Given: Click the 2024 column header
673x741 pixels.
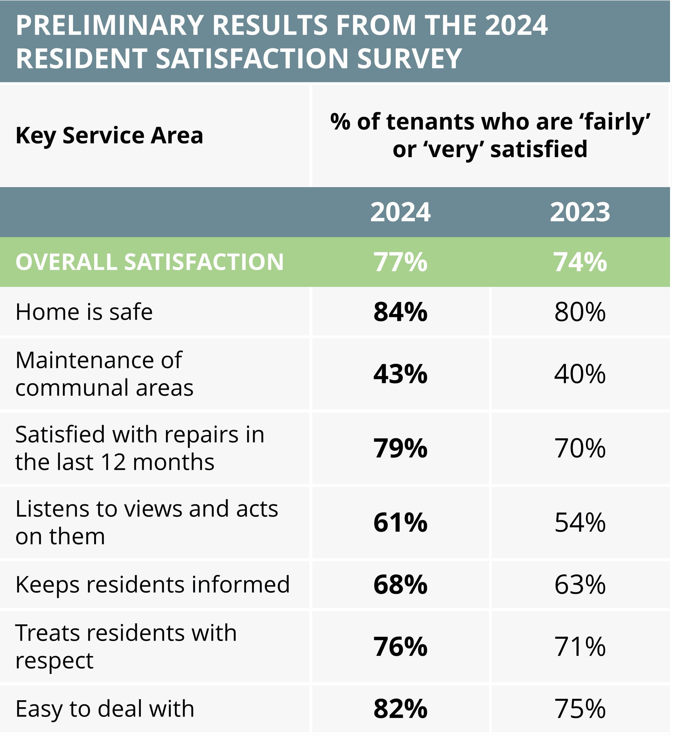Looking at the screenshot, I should pos(400,212).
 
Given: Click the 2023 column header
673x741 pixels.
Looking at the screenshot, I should pos(580,212).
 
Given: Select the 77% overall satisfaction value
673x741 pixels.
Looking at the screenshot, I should pos(400,262).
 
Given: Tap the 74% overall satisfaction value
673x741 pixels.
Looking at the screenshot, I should pos(580,262).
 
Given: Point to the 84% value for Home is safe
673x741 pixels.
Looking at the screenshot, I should pos(400,312).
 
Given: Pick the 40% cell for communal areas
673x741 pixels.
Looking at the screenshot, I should pos(580,374).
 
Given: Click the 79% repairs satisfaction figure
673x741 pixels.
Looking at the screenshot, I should pos(400,448).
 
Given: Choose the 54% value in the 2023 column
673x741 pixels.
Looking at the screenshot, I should pos(580,522).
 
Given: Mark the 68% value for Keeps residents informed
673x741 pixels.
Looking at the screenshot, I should pos(400,585).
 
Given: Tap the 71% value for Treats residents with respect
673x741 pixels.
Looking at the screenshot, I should pos(580,647).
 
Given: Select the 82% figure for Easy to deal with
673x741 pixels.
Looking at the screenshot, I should pos(400,709).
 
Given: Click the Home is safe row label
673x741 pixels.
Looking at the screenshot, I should pos(84,312).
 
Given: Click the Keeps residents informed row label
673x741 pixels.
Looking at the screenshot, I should pos(152,585).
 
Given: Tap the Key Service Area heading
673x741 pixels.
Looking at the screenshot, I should pos(109,136).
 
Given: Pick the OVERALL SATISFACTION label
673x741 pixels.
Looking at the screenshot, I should pos(149,262).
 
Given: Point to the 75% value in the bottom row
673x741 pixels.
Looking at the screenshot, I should pos(580,709).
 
